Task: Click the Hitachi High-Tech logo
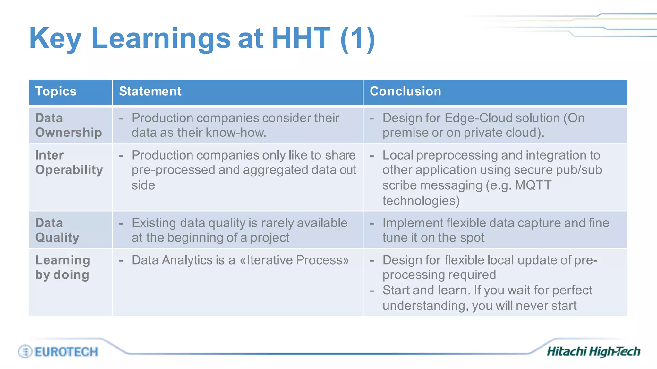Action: pyautogui.click(x=593, y=351)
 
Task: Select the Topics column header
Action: pyautogui.click(x=56, y=91)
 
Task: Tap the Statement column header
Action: pyautogui.click(x=150, y=91)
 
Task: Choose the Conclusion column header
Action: pyautogui.click(x=405, y=91)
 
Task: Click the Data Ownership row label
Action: pyautogui.click(x=68, y=125)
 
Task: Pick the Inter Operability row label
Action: pyautogui.click(x=69, y=162)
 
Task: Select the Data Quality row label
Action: pyautogui.click(x=57, y=230)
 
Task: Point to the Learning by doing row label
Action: pyautogui.click(x=63, y=267)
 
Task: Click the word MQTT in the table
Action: pyautogui.click(x=533, y=185)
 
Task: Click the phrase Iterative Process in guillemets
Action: pyautogui.click(x=294, y=260)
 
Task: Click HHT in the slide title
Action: pyautogui.click(x=301, y=38)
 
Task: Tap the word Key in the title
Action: pyautogui.click(x=55, y=38)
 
